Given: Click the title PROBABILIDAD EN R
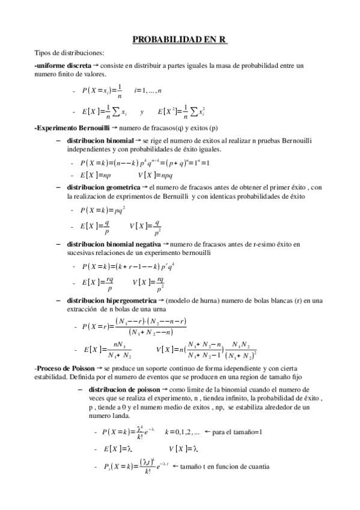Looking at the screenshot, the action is [179, 40].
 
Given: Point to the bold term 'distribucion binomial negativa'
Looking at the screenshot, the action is [114, 245].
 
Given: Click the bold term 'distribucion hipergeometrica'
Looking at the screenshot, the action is [111, 300].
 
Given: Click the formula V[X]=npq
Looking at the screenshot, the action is [155, 175].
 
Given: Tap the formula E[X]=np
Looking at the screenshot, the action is [96, 175].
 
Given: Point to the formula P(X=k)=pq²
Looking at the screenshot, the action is [97, 210].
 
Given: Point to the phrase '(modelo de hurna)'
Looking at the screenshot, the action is [191, 300].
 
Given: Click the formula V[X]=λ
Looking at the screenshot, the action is [183, 449].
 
